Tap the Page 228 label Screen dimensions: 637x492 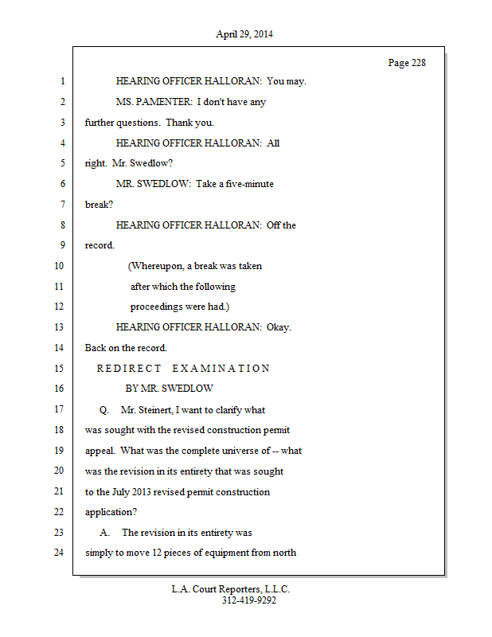[407, 63]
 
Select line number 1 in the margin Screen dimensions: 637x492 [61, 81]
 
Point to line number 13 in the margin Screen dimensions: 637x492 [59, 327]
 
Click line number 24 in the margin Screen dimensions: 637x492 [59, 553]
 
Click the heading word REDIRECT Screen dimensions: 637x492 [129, 369]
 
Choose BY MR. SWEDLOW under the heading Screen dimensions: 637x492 [169, 389]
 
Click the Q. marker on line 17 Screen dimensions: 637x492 [104, 410]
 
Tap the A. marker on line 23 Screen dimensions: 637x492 [105, 533]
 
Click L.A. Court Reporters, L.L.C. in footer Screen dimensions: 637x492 [231, 590]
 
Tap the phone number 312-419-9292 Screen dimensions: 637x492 [249, 601]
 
